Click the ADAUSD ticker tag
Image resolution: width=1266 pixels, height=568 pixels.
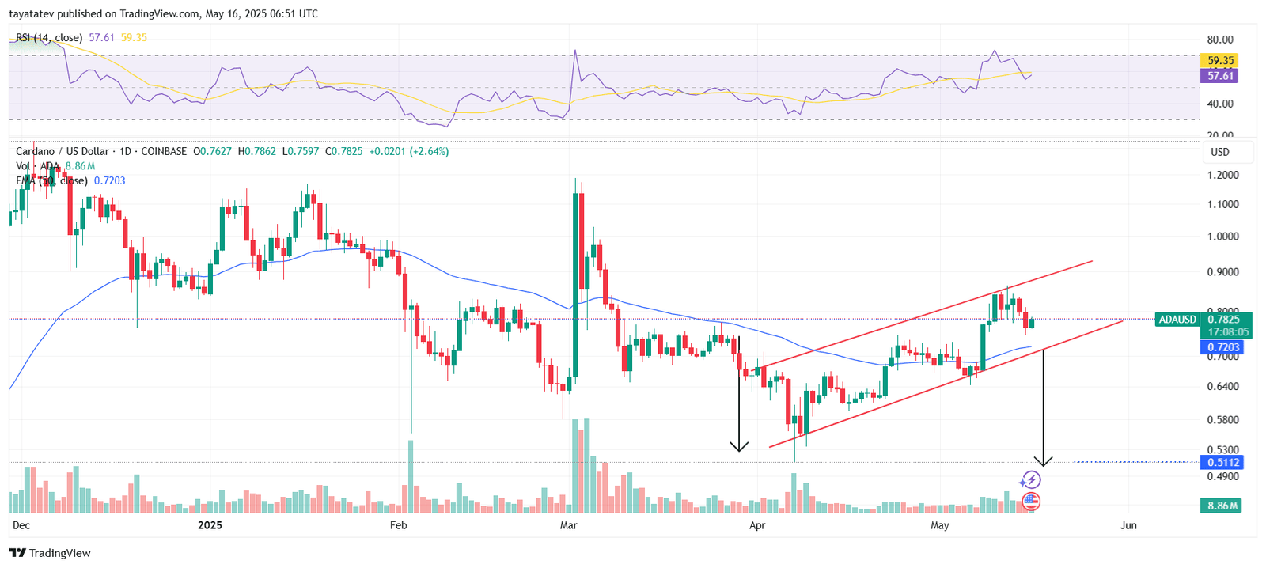(1177, 320)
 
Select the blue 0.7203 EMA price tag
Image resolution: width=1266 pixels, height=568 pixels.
(1223, 347)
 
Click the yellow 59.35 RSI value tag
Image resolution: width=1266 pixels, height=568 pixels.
(1220, 60)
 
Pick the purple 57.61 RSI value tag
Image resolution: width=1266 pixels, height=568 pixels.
(1220, 76)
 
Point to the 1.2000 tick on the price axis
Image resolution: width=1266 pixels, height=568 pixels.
(1222, 175)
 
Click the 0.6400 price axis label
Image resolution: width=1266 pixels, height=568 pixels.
(1222, 387)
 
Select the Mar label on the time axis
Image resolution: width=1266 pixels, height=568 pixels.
(568, 525)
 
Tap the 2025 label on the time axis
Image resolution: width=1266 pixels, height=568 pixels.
(210, 525)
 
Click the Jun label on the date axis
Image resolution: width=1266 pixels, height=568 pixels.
(1128, 525)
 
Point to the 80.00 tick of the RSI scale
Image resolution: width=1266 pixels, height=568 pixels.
(1220, 40)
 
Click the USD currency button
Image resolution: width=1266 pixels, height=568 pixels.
(1220, 152)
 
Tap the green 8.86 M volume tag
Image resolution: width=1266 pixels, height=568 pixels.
(1222, 506)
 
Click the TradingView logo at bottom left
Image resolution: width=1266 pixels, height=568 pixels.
(50, 553)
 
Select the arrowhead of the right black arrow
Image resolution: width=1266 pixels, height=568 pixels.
(1044, 461)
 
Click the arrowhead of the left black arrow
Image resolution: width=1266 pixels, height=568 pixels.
(739, 447)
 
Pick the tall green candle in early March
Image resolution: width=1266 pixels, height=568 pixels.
(575, 285)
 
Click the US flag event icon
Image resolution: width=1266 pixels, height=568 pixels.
(1030, 501)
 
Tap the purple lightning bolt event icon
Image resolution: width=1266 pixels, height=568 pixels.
(1029, 479)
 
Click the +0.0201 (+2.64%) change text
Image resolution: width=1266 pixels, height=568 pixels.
(409, 151)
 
